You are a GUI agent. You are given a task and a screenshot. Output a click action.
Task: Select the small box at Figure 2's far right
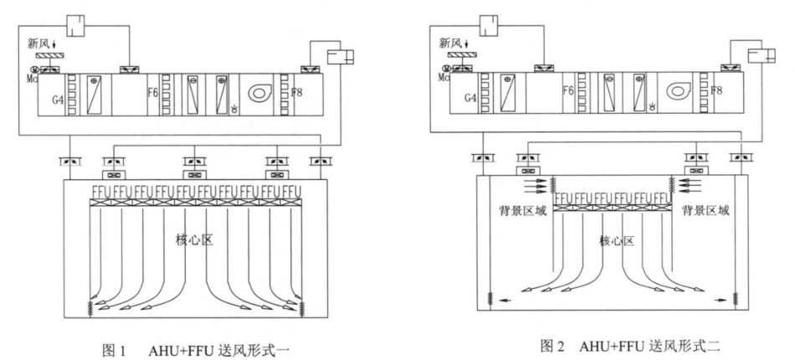(x=760, y=57)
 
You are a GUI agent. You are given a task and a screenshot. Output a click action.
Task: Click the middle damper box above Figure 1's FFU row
(x=194, y=175)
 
